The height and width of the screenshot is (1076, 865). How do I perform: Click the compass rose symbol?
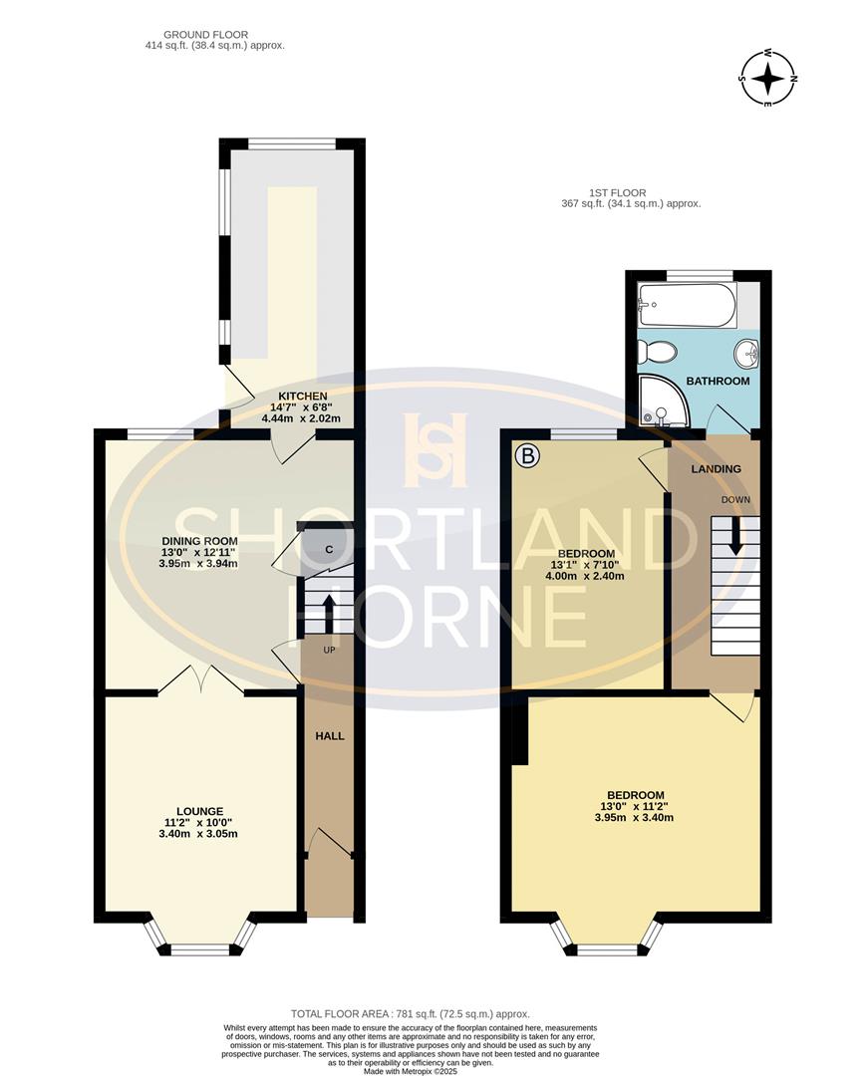pos(768,78)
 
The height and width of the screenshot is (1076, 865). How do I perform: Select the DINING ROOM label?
pos(200,542)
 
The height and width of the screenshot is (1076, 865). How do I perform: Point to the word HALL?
pos(330,736)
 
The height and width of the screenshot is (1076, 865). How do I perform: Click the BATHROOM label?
pos(718,382)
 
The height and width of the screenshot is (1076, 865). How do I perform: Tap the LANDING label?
pos(718,468)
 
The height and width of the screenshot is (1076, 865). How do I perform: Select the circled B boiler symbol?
pos(528,457)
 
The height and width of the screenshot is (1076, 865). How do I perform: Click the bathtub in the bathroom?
pos(688,305)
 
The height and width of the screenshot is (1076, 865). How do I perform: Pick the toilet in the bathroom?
pos(658,352)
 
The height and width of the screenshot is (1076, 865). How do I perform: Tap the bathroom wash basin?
pos(745,352)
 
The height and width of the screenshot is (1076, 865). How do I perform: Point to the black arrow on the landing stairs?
pos(736,536)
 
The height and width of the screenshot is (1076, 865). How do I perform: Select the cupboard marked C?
pos(328,549)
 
